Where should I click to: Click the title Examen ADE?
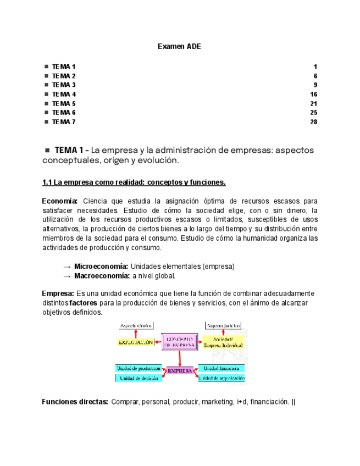click(x=179, y=47)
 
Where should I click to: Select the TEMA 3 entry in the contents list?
click(x=64, y=85)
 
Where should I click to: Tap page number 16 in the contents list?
click(x=314, y=95)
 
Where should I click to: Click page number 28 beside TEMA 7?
click(x=314, y=122)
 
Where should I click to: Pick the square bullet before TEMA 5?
click(x=46, y=103)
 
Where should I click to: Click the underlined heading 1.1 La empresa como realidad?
click(x=134, y=182)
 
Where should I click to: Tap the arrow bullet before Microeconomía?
click(x=67, y=267)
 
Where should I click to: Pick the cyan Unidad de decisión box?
click(x=138, y=378)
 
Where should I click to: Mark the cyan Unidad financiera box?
click(x=221, y=368)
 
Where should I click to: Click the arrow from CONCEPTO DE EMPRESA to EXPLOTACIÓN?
click(x=157, y=342)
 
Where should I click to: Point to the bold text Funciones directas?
click(x=75, y=402)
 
